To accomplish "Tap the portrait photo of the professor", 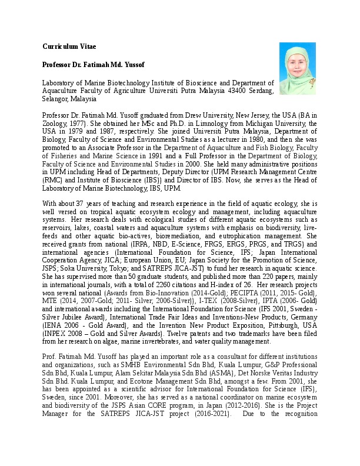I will (297, 68).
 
